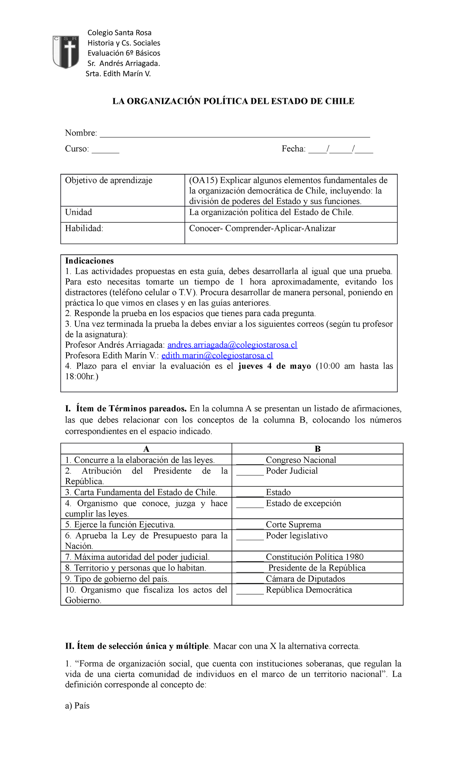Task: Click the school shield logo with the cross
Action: point(66,52)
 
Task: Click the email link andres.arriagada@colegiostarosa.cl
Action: point(232,345)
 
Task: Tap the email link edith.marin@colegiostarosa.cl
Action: point(217,355)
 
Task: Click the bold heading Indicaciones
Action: point(90,261)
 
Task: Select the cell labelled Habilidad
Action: point(84,228)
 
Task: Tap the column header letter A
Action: point(146,449)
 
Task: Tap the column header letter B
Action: point(318,449)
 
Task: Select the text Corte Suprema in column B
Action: point(293,525)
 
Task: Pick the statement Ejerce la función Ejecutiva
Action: point(120,525)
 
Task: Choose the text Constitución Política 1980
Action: point(314,557)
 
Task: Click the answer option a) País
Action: point(77,706)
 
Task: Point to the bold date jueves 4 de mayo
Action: point(274,366)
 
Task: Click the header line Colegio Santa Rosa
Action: point(119,33)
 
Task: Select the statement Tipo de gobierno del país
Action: point(117,579)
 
